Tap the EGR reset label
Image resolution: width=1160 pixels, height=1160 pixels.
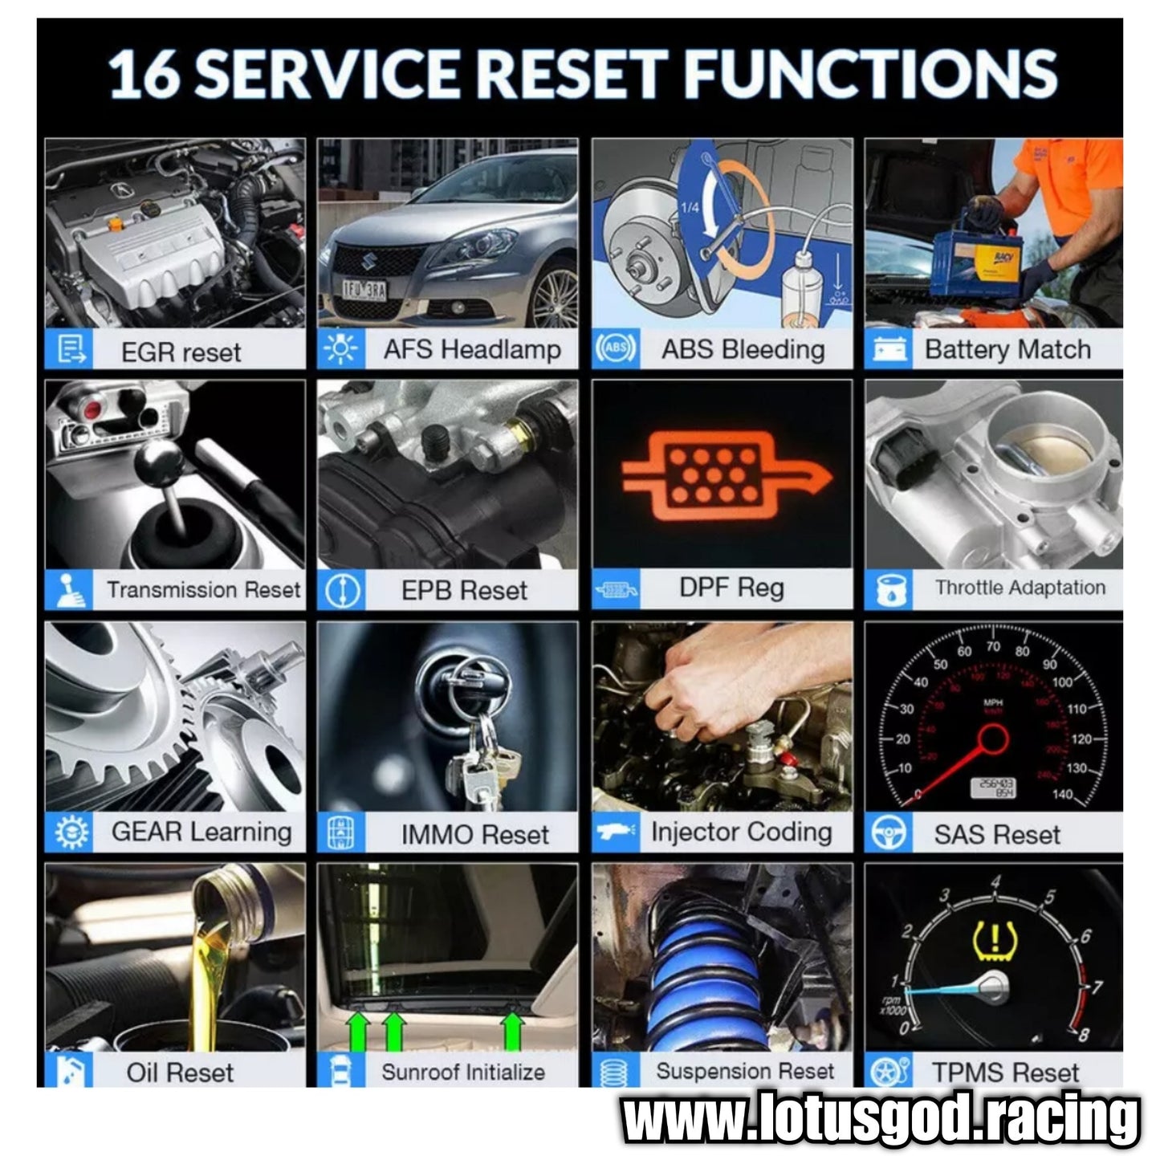tap(181, 352)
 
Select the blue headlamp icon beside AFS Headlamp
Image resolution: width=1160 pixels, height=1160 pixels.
tap(340, 348)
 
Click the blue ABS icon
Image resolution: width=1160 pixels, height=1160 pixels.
tap(616, 348)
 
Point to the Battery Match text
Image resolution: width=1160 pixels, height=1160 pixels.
tap(1007, 349)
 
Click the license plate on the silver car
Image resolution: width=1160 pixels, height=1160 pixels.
tap(364, 290)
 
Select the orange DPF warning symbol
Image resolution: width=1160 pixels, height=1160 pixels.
tap(727, 475)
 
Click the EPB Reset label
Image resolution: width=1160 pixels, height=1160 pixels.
tap(464, 591)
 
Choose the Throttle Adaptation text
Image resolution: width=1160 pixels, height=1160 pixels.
tap(1020, 588)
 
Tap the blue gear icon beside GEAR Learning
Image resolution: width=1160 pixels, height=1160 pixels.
tap(71, 832)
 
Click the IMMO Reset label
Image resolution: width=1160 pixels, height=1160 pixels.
tap(475, 835)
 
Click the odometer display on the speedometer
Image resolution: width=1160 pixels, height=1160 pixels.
tap(993, 788)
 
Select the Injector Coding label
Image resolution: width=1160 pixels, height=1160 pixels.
tap(742, 832)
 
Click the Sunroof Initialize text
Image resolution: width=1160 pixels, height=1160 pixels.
tap(463, 1072)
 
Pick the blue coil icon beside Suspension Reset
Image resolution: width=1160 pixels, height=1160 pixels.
tap(615, 1072)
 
